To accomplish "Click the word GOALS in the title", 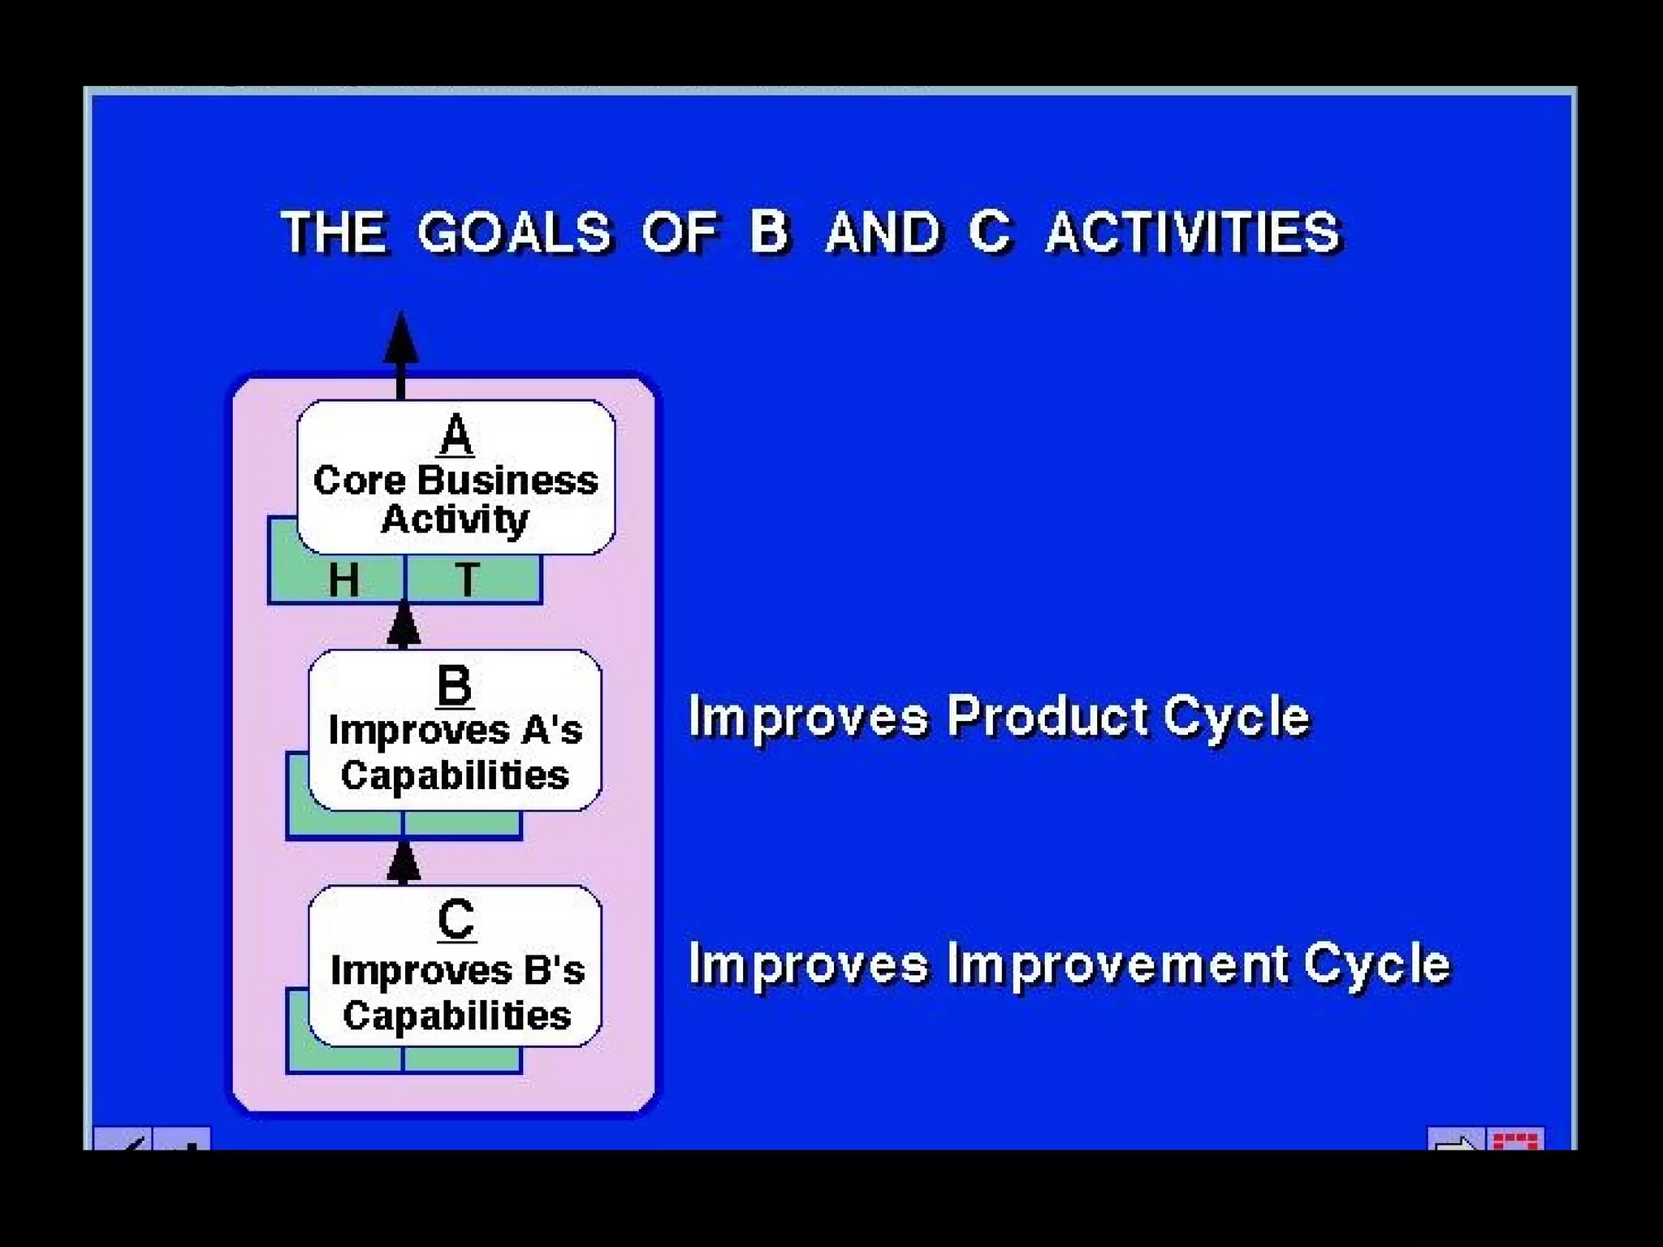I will [513, 232].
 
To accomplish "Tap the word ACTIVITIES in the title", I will [1193, 232].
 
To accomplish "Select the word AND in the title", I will [883, 232].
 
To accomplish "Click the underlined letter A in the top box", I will [456, 435].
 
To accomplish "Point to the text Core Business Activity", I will [456, 499].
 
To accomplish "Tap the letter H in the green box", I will [343, 580].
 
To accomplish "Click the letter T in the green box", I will [468, 580].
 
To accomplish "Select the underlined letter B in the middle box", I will [454, 685].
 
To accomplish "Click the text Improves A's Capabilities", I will [455, 753].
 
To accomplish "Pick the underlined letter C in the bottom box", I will [456, 921].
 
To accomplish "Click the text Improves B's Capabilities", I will [456, 993].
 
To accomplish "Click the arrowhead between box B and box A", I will [404, 627].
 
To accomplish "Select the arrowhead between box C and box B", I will [404, 864].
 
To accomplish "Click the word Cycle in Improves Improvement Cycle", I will [1376, 964].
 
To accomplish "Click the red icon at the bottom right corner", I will [1515, 1140].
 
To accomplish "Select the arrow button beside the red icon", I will [1456, 1140].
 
